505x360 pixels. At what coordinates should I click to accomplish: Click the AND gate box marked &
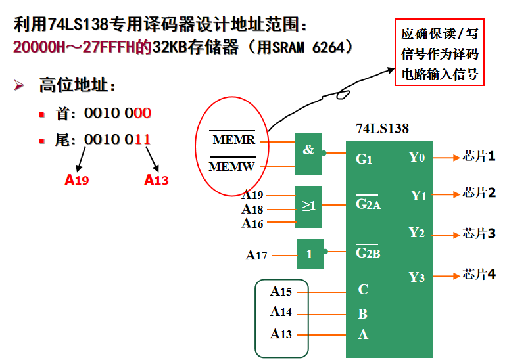point(308,150)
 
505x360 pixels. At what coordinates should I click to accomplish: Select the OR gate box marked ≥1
point(309,206)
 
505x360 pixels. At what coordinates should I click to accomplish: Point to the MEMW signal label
point(231,167)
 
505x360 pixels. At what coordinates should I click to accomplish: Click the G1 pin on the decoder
point(364,158)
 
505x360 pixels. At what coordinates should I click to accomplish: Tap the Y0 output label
point(417,157)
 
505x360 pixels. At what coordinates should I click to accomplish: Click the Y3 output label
point(417,277)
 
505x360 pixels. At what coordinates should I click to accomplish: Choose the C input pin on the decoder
point(363,290)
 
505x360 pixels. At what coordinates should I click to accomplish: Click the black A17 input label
point(256,255)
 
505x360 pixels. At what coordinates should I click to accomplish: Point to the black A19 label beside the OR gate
point(252,194)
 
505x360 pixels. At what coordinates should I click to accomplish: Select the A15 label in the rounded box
point(281,291)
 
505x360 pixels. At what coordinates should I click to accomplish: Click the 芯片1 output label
point(479,156)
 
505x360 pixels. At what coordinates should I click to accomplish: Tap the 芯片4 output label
point(479,274)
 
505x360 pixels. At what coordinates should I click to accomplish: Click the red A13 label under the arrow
point(156,179)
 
